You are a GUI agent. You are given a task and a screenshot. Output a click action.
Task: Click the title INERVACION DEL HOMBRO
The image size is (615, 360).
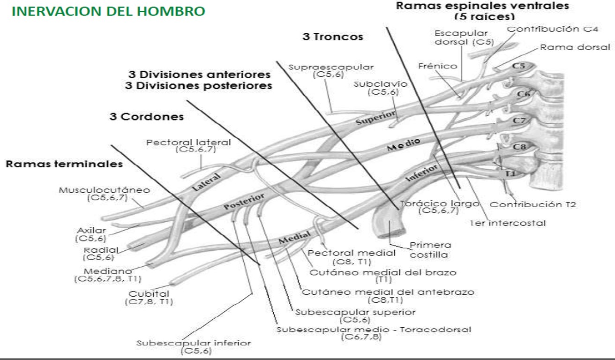pos(108,12)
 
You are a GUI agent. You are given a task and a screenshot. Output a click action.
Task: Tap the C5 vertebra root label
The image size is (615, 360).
pos(518,66)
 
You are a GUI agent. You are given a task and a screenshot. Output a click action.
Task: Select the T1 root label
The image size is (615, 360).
pos(510,174)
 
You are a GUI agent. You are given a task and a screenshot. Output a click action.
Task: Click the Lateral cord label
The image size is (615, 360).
pos(207,181)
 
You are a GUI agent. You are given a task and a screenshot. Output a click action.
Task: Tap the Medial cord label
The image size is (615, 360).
pos(295,236)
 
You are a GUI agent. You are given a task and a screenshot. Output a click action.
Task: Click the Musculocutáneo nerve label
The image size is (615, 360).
pos(104,190)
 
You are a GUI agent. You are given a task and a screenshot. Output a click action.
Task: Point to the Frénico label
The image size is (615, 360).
pos(437,66)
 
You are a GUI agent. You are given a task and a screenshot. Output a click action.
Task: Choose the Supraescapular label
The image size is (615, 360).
pos(331,67)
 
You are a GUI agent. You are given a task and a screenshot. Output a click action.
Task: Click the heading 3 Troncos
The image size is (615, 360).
pos(333,37)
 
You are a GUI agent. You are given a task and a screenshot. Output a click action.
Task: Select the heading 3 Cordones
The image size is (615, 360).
pos(147,117)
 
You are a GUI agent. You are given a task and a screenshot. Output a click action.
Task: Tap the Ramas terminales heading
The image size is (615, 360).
pos(64,164)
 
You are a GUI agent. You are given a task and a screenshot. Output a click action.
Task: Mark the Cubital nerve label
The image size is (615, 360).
pos(149,294)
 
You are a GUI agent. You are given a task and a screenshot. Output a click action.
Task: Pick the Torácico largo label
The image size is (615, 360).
pos(439,204)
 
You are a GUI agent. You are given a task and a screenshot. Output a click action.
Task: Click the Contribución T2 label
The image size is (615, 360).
pos(532,204)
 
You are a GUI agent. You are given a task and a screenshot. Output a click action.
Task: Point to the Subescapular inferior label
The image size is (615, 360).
pos(194,343)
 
